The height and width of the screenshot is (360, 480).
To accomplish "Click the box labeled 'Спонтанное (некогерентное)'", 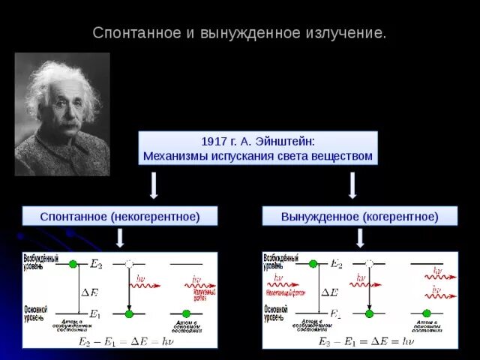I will (120, 216).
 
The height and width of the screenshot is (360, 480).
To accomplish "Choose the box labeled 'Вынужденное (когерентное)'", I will (359, 216).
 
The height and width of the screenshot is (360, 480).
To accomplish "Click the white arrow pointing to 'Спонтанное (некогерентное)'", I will (153, 185).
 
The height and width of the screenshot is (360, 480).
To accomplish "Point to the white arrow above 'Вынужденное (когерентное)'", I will (352, 185).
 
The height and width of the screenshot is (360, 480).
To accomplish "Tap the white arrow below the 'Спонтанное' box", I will (120, 238).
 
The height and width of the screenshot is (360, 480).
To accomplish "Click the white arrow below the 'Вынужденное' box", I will (360, 238).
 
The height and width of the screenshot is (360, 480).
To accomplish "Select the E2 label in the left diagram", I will (96, 264).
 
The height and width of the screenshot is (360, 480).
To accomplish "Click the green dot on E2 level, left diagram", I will (73, 264).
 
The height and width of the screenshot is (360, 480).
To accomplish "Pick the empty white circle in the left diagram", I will (129, 264).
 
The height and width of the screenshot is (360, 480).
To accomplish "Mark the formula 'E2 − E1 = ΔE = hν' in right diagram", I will (365, 341).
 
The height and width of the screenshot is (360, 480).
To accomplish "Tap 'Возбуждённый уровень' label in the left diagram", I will (39, 261).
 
